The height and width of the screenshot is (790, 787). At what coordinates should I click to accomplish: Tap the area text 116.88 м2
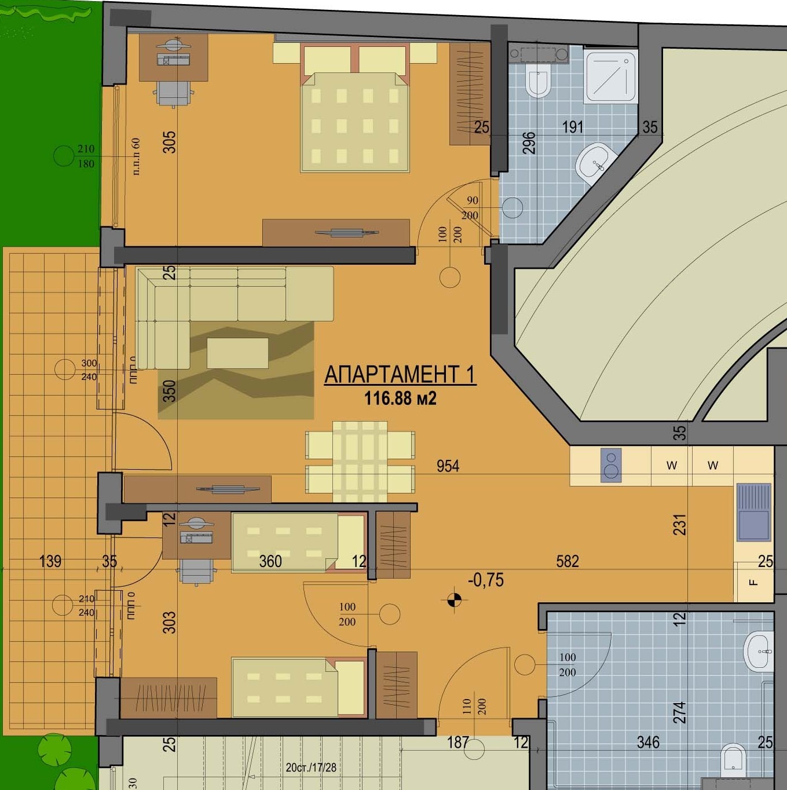point(400,398)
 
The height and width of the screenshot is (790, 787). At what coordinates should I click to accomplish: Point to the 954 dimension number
point(448,466)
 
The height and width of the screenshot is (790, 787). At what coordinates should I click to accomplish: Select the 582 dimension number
point(568,561)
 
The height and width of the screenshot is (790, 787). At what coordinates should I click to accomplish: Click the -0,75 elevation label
point(485,580)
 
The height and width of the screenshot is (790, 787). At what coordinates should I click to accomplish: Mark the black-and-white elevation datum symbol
point(453,600)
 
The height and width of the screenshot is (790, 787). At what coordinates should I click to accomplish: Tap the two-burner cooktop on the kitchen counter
point(610,465)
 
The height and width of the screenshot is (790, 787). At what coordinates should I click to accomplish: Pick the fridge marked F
point(753,581)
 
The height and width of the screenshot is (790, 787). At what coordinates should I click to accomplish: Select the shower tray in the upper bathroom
point(610,77)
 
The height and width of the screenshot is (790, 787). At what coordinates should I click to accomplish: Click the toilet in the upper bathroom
point(537,80)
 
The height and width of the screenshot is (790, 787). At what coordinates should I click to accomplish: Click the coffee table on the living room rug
point(237,353)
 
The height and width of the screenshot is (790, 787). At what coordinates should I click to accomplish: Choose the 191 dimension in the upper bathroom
point(573,127)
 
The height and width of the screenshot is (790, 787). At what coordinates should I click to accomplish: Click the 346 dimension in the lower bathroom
point(648,742)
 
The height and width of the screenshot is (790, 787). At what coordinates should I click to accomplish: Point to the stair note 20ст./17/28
point(311,767)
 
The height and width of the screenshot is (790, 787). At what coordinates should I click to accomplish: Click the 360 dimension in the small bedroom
point(270,561)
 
